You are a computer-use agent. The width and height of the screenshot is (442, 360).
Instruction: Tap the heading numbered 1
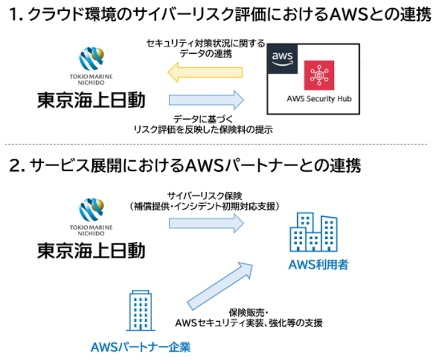[220, 16]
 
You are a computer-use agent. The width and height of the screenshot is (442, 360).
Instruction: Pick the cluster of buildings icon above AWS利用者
[314, 233]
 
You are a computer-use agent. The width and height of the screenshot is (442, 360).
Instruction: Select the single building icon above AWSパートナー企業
[140, 310]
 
